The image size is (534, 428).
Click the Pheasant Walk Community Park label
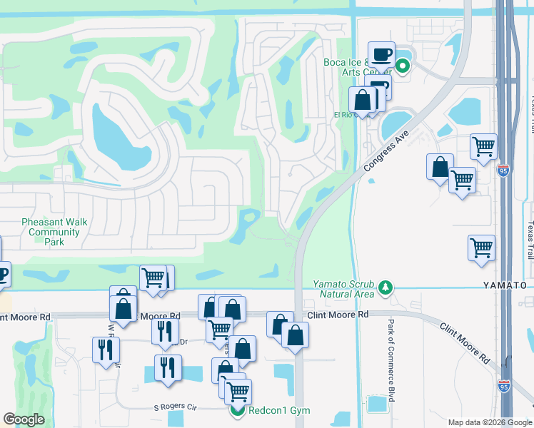[54, 232]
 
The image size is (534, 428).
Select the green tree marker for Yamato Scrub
[386, 287]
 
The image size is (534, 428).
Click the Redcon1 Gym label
[279, 410]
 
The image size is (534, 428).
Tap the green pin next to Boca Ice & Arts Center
[402, 68]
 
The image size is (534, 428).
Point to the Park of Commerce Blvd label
[391, 360]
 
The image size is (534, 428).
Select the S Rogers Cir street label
[175, 407]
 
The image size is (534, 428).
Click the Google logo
[24, 419]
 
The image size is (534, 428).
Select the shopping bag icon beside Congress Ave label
[440, 167]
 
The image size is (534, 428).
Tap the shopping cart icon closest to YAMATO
[482, 248]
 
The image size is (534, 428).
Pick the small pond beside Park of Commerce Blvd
[378, 403]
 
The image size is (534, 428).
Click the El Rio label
[343, 114]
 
